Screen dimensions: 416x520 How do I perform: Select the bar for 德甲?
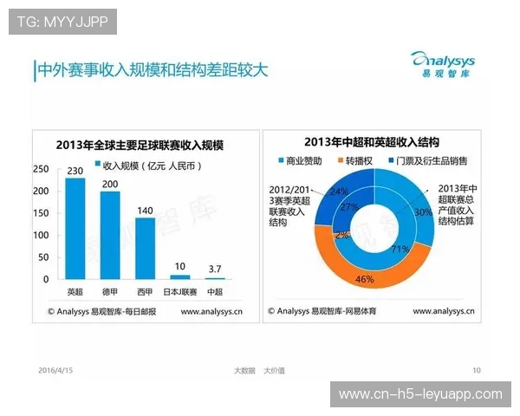pos(110,235)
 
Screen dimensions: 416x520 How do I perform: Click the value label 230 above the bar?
pos(75,170)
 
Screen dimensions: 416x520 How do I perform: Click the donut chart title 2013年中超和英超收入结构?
pos(372,142)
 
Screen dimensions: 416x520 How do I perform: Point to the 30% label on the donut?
pos(422,211)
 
